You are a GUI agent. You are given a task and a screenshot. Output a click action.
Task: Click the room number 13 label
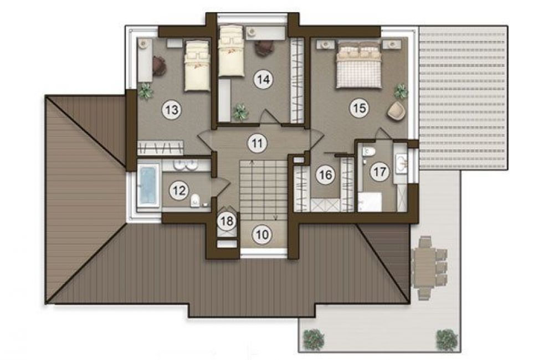click(172, 110)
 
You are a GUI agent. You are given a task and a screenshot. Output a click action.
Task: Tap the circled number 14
click(264, 80)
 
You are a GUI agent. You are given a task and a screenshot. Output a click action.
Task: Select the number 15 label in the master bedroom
click(359, 108)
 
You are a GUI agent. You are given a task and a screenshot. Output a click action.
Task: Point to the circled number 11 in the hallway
click(257, 143)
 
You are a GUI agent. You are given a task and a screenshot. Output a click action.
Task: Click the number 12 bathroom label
click(179, 191)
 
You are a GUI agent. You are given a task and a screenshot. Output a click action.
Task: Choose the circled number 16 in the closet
click(325, 174)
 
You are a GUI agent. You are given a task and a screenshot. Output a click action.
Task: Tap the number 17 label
click(379, 172)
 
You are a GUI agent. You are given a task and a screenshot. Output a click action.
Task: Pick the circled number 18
click(227, 222)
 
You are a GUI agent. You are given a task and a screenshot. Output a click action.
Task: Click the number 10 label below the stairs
click(262, 235)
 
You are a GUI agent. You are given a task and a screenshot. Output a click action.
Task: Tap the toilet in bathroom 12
click(195, 200)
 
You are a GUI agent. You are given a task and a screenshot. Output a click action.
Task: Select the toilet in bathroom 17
click(368, 151)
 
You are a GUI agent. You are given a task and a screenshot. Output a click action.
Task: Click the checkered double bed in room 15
click(359, 65)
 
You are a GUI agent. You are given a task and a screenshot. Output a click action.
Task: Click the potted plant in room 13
click(145, 91)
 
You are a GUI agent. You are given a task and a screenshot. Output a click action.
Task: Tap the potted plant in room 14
click(240, 112)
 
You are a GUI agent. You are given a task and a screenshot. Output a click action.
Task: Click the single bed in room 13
click(197, 66)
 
